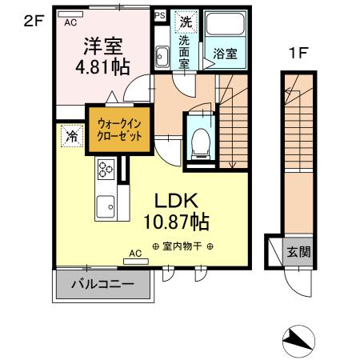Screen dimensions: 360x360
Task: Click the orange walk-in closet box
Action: pos(120,130)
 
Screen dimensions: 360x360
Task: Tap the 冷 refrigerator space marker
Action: pos(71,137)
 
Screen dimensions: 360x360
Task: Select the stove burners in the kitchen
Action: pos(106,169)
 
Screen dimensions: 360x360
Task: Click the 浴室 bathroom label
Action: pos(224,54)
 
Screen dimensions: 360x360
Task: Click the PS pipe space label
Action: pos(159,14)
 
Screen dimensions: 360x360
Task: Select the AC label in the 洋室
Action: pos(70,23)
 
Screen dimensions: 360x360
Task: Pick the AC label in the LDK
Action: pos(136,254)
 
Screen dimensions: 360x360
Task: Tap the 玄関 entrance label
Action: pos(299,251)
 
